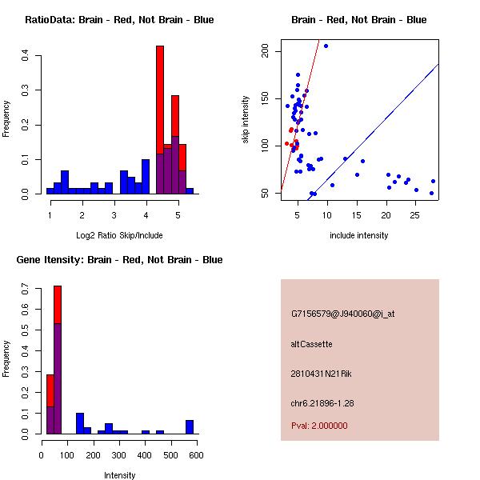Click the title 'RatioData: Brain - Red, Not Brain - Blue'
coord(119,20)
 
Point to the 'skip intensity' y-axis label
coord(246,120)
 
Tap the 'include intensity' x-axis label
coord(359,235)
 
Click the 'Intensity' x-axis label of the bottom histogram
coord(119,475)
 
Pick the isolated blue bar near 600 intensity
coord(190,426)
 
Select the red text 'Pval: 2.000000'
coord(319,426)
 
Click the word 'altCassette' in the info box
coord(311,344)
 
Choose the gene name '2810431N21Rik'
coord(319,374)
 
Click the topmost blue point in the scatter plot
coord(326,46)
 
